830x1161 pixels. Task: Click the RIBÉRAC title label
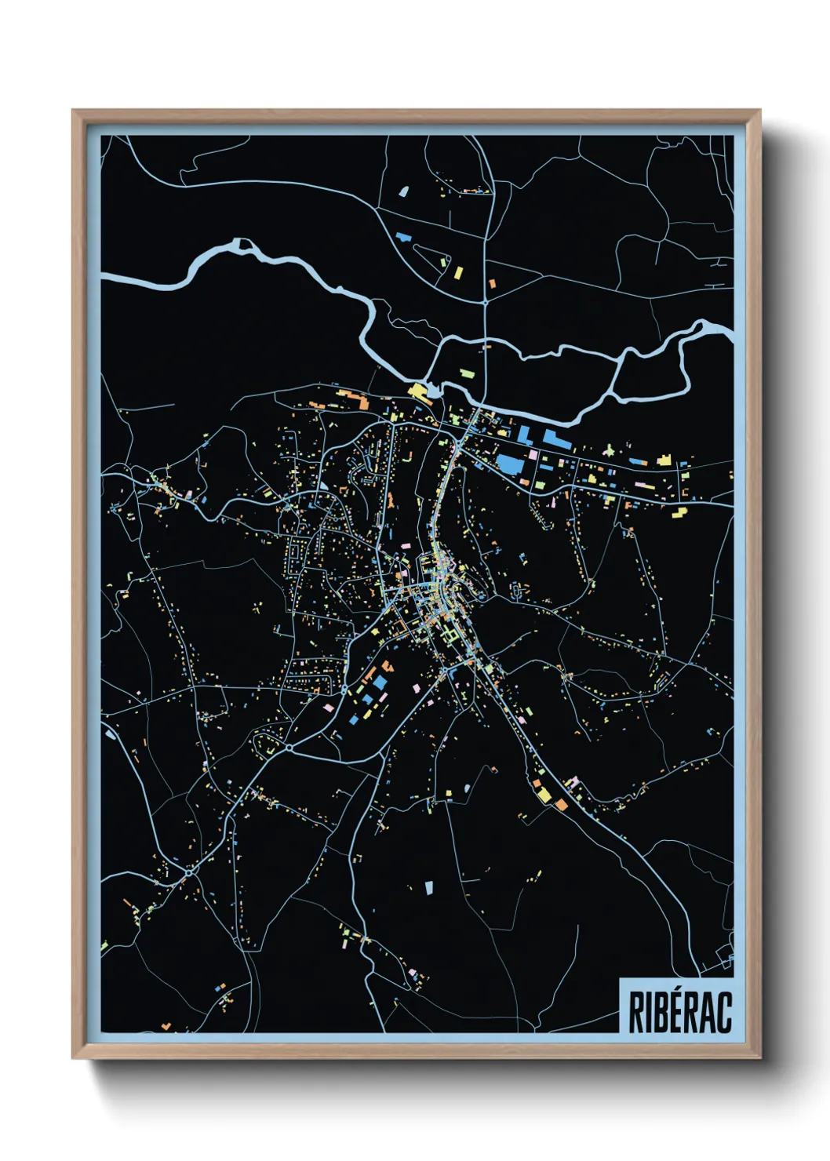tap(679, 1012)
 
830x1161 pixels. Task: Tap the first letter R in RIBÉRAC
tap(636, 1013)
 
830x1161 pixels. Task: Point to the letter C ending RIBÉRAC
tap(724, 1013)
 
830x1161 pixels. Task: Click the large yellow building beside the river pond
tap(417, 391)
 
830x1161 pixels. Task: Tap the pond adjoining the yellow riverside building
tap(434, 388)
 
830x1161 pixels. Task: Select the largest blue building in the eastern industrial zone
tap(509, 464)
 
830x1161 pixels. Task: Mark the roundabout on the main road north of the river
tap(486, 302)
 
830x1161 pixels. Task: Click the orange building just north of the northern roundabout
tap(492, 283)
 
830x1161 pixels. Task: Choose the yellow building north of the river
tap(459, 273)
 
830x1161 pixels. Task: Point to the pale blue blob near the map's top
tap(404, 191)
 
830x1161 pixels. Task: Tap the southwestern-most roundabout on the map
tap(189, 872)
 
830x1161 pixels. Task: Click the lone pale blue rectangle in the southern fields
tap(429, 887)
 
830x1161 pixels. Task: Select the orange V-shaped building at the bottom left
tap(166, 1025)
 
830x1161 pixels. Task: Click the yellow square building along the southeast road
tap(544, 795)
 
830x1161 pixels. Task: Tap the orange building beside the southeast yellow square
tap(561, 804)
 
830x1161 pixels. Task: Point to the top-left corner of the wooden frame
tap(74, 111)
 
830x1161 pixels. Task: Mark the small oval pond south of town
tap(468, 788)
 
